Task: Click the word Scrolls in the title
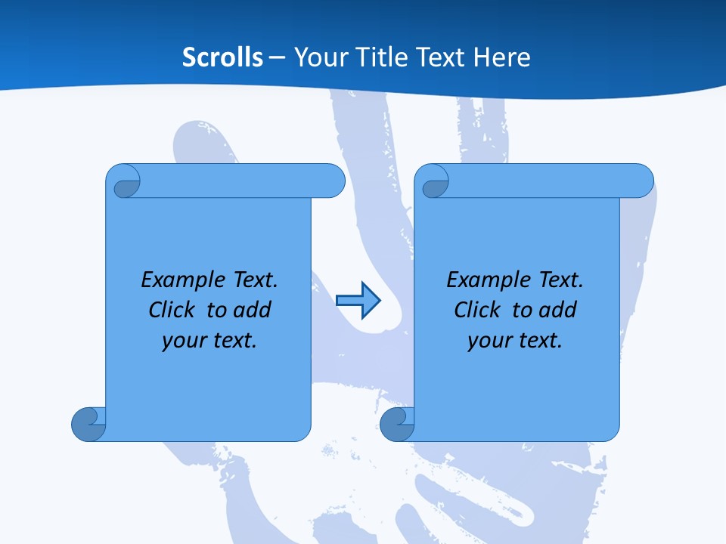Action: click(222, 57)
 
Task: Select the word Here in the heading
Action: click(501, 57)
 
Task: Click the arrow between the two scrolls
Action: click(358, 300)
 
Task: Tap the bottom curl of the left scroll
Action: click(88, 423)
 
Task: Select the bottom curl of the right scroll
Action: click(396, 423)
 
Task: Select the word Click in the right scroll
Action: click(477, 310)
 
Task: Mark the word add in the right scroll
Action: click(557, 310)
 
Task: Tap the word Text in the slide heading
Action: click(438, 57)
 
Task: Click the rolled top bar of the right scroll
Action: click(544, 181)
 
